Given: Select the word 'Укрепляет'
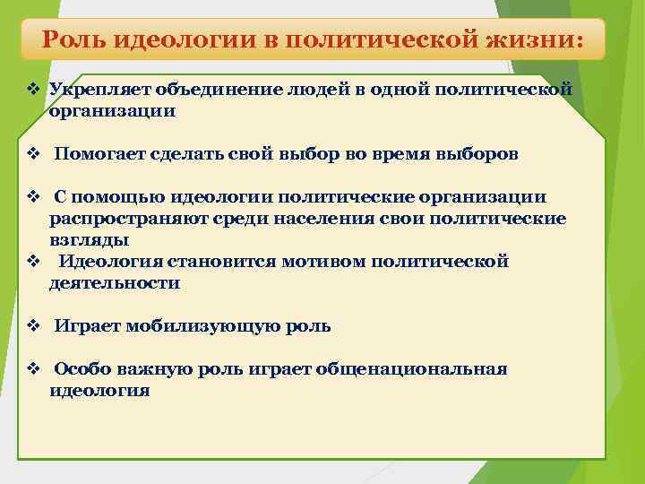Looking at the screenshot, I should [x=99, y=90].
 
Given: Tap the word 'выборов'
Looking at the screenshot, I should [x=477, y=154].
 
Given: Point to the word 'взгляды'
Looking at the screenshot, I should [x=89, y=240].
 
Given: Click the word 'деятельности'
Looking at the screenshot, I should [x=115, y=283].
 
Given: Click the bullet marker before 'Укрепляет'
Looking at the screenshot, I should [x=32, y=90].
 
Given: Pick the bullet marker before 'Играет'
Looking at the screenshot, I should [x=32, y=326].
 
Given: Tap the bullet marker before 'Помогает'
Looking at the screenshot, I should [x=32, y=154].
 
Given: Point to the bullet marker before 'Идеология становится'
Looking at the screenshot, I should [x=32, y=262].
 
